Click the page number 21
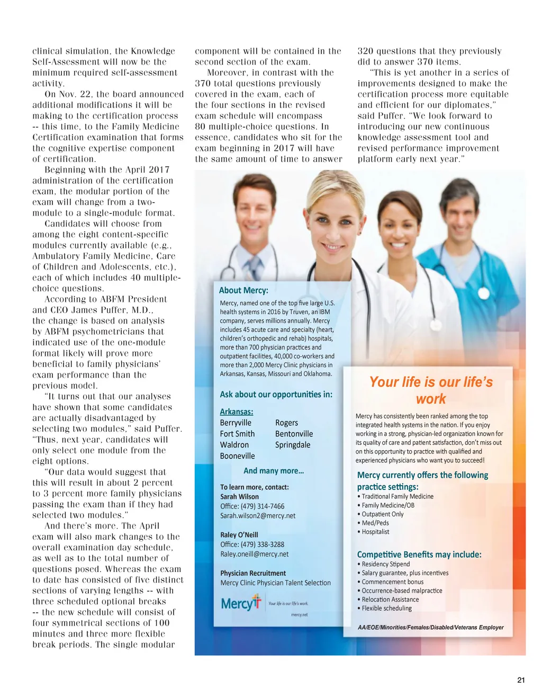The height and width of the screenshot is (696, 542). pyautogui.click(x=520, y=680)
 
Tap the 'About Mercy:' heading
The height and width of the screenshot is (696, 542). pyautogui.click(x=243, y=290)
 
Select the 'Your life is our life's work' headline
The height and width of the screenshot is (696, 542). pyautogui.click(x=431, y=390)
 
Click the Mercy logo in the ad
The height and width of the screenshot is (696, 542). pyautogui.click(x=241, y=603)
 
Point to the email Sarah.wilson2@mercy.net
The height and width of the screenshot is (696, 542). pyautogui.click(x=258, y=515)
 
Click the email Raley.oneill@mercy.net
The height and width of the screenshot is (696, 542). pyautogui.click(x=255, y=554)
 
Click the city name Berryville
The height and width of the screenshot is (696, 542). pyautogui.click(x=236, y=423)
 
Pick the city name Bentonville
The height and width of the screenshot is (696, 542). pyautogui.click(x=294, y=434)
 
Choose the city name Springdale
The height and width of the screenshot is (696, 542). pyautogui.click(x=293, y=445)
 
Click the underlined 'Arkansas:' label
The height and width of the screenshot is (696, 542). pyautogui.click(x=237, y=412)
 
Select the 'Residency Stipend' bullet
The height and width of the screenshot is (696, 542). pyautogui.click(x=385, y=564)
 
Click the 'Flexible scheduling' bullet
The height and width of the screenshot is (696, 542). pyautogui.click(x=386, y=608)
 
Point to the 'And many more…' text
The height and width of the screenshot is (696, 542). pyautogui.click(x=274, y=471)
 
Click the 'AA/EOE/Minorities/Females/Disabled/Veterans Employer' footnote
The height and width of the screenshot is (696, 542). pyautogui.click(x=431, y=627)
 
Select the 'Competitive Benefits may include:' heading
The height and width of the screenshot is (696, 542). pyautogui.click(x=419, y=555)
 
